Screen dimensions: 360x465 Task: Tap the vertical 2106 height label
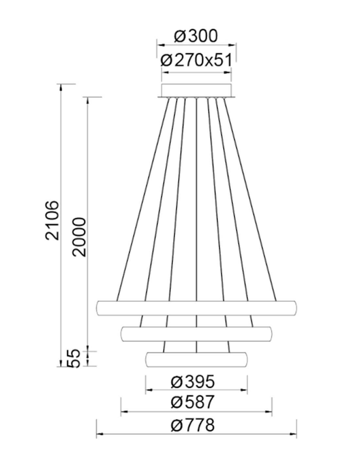(x=52, y=220)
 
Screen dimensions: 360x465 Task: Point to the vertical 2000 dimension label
(x=79, y=237)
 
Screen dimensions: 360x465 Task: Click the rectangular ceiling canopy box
(x=196, y=91)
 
